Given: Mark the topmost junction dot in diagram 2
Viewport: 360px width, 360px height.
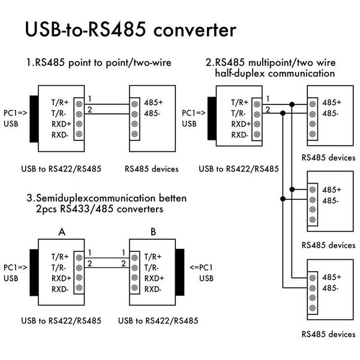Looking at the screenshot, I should (292, 105).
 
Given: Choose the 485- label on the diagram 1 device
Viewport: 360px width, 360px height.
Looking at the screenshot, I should (154, 113).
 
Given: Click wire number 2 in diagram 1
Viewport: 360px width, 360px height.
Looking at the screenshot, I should (89, 109).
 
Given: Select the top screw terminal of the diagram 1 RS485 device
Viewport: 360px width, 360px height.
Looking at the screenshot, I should (134, 103).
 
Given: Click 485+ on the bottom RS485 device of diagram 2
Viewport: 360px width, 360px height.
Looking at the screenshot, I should (331, 277).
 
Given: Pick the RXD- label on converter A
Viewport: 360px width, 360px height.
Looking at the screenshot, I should (60, 289).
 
